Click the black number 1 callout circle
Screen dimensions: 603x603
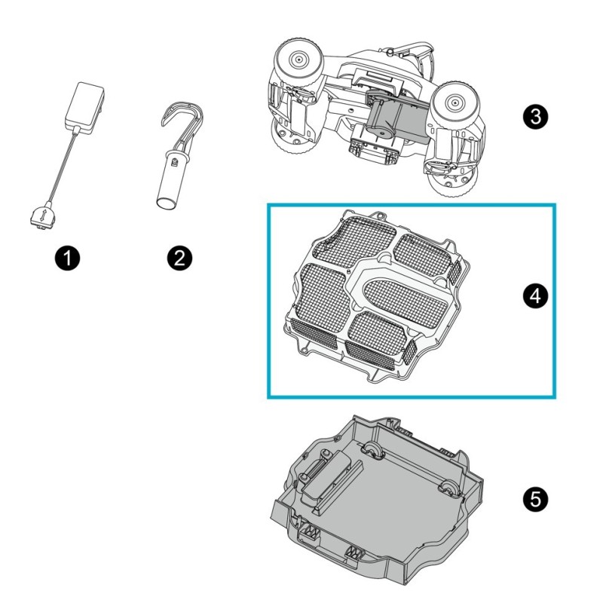(68, 259)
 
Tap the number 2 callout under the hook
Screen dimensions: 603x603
(179, 259)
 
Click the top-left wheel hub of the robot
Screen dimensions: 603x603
(295, 58)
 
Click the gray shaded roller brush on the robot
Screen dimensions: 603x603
(392, 118)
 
